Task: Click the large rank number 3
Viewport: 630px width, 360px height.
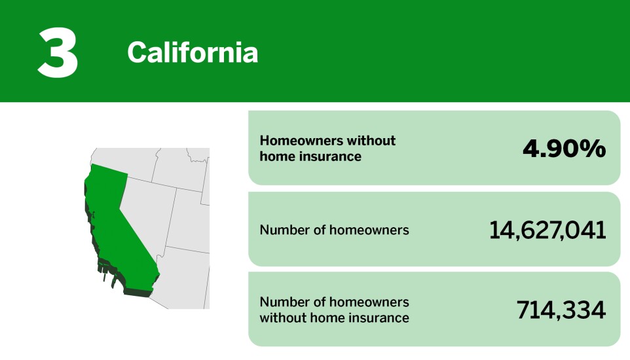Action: coord(58,52)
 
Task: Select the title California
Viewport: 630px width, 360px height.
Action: coord(193,52)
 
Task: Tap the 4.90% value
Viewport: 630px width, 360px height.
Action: coord(564,149)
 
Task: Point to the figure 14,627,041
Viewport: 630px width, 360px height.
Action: coord(547,230)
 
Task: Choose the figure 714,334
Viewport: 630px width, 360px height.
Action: coord(561,310)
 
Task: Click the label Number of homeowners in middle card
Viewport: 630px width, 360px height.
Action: coord(334,230)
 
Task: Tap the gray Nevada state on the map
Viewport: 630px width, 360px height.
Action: coord(148,209)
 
